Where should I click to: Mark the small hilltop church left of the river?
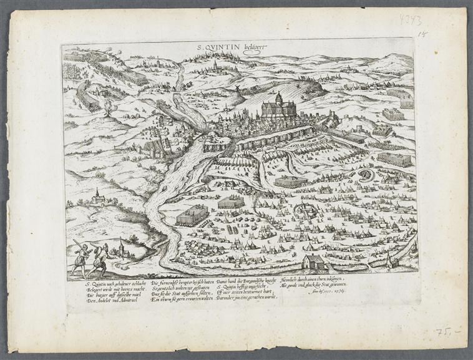point(97,197)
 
